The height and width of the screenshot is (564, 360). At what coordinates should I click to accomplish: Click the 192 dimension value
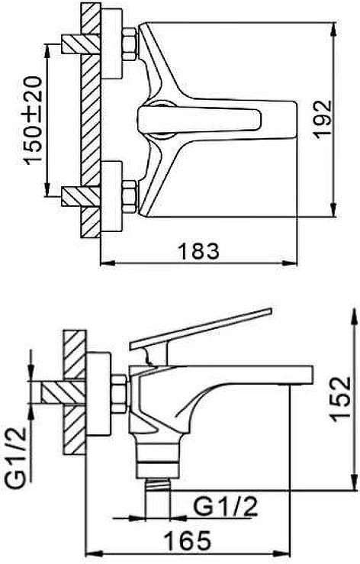323,118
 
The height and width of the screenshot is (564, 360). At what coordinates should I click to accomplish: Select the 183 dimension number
199,251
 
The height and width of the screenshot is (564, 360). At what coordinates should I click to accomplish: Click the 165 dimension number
187,540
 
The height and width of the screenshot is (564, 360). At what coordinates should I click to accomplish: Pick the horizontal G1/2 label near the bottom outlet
227,508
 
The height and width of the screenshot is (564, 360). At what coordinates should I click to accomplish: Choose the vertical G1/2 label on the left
17,457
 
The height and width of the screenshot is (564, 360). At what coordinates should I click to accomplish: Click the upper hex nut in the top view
130,44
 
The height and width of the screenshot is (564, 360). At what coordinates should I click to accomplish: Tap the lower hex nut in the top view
130,196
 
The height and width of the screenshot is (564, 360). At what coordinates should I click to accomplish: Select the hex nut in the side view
119,394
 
